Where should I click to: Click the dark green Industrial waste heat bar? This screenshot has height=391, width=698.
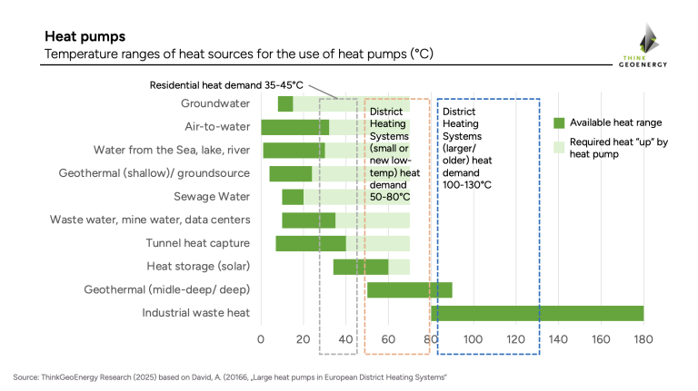click(x=537, y=313)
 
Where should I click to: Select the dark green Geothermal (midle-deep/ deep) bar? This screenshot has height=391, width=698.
click(x=409, y=290)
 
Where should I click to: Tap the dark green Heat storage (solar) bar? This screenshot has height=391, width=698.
click(x=361, y=267)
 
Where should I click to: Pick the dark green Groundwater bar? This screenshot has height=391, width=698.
click(x=285, y=104)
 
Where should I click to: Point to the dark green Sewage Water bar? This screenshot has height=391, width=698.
click(x=293, y=197)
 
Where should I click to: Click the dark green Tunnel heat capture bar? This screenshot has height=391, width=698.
click(x=311, y=243)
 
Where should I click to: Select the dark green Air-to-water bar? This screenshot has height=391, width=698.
click(x=294, y=127)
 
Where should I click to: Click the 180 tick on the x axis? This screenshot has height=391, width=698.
click(x=643, y=340)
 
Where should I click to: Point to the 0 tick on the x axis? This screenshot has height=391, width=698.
click(x=261, y=340)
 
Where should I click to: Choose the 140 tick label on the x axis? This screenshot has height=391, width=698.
click(x=558, y=340)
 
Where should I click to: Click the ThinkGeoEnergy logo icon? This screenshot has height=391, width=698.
click(x=648, y=38)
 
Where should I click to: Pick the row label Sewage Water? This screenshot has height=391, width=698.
click(x=212, y=197)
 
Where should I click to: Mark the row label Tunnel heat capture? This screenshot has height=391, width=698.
click(x=198, y=243)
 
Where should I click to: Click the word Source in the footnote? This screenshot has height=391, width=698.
click(x=25, y=376)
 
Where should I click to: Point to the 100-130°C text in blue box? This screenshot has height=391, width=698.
click(x=467, y=185)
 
